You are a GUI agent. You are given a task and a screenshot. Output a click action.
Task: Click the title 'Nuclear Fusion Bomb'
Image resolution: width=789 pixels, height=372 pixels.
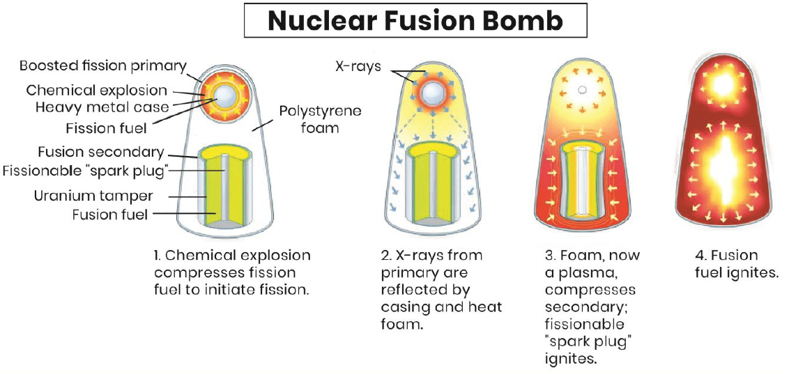[x=415, y=21]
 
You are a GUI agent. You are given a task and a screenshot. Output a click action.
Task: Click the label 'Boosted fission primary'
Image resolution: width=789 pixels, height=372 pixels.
[x=103, y=66]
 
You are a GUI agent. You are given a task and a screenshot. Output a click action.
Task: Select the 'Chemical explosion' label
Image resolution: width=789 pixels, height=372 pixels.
[x=97, y=91]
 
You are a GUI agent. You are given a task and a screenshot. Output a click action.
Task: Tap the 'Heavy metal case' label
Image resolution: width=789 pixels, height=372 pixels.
[x=102, y=107]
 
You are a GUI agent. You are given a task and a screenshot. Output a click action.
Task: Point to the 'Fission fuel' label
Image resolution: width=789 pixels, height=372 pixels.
[x=105, y=128]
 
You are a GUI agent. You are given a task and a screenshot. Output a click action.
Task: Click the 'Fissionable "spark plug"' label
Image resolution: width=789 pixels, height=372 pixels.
[x=86, y=171]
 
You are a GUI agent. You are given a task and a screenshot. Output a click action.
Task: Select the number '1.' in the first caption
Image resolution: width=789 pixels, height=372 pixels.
[x=156, y=255]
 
